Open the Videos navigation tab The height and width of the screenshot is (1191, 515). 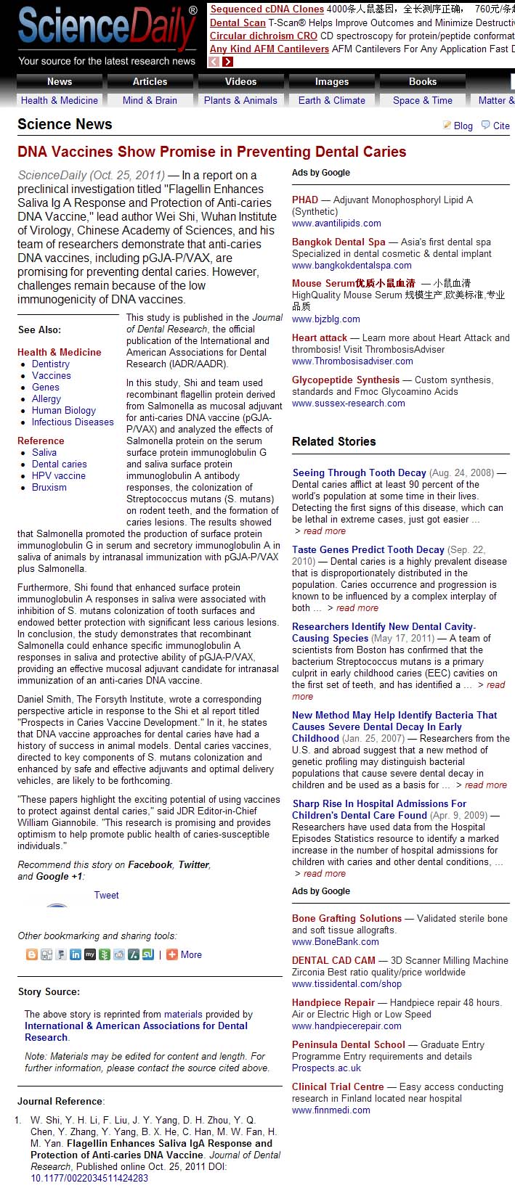coord(240,81)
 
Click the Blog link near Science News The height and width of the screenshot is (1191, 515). coord(463,126)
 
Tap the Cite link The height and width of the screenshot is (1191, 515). coord(501,126)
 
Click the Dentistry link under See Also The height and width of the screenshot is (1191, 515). coord(51,364)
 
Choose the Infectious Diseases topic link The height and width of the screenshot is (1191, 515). coord(73,422)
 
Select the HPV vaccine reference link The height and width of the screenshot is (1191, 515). coord(59,475)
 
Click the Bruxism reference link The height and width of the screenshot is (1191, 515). coord(49,487)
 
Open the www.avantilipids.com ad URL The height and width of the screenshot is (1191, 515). coord(336,223)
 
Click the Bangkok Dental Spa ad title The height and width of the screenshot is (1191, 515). coord(338,242)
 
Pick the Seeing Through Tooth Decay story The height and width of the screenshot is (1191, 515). coord(359,472)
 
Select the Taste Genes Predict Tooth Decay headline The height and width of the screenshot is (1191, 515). coord(368,549)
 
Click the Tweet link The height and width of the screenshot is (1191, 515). coord(106,895)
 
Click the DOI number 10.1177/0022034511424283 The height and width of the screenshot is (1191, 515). coord(89,1178)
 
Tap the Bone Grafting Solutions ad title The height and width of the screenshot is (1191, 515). coord(346,918)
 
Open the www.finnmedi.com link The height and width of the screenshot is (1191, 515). coord(331,1110)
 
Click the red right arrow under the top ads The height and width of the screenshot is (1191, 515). coord(228,62)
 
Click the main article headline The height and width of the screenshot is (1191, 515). coord(211,152)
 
